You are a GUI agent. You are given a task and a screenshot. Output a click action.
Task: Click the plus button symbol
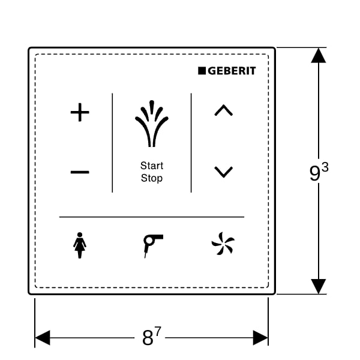(x=80, y=113)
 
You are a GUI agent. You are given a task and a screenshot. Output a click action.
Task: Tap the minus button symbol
(x=80, y=173)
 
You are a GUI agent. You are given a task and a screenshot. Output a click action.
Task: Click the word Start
(x=152, y=166)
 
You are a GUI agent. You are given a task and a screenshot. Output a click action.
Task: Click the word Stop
(x=152, y=178)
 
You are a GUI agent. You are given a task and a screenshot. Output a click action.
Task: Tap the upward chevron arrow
(x=223, y=110)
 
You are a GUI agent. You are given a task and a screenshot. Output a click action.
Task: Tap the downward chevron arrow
(x=223, y=172)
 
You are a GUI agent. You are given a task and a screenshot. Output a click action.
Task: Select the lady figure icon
(x=79, y=245)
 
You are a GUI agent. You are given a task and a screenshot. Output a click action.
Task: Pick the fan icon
(x=223, y=245)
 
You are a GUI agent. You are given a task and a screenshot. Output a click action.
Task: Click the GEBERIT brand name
(x=232, y=71)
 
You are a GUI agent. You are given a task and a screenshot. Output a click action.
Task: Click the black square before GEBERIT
(x=202, y=71)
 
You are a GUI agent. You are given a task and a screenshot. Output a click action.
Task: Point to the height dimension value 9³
(x=319, y=173)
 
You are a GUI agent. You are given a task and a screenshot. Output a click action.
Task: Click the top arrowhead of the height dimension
(x=319, y=55)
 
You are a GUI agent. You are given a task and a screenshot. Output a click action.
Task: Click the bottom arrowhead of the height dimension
(x=319, y=286)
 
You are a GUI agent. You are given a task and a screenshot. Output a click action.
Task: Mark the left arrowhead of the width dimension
(x=43, y=338)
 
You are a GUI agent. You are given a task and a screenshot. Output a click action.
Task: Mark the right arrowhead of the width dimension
(x=260, y=338)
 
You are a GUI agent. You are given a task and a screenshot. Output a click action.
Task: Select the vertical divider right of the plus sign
(x=112, y=143)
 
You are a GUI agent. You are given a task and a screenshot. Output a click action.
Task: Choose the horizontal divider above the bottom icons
(x=152, y=217)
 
